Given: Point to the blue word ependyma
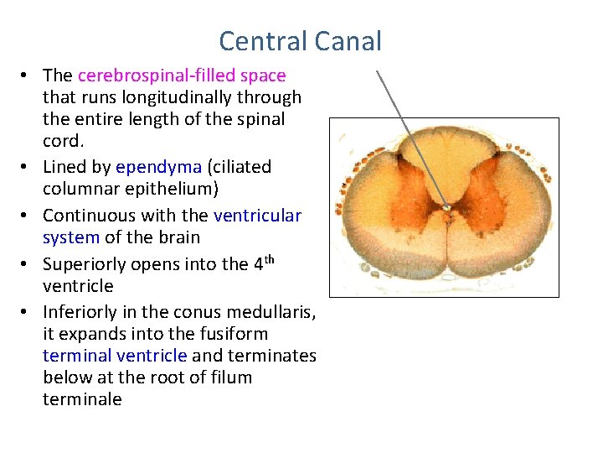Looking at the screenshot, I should (152, 167).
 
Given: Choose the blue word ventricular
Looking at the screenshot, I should (257, 216).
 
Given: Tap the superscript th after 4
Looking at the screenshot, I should (267, 259).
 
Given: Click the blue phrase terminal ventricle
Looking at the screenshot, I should (115, 356).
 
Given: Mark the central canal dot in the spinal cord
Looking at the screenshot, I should (446, 208).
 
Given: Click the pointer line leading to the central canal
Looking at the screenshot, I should (410, 138).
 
